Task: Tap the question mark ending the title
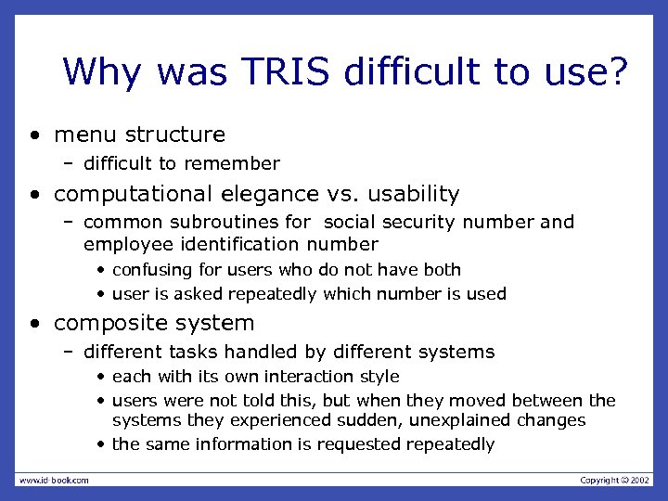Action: [x=615, y=71]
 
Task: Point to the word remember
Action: [x=232, y=164]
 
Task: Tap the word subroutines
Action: [x=208, y=223]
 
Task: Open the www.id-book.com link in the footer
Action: [x=54, y=480]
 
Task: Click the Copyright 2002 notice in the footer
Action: [x=615, y=480]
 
